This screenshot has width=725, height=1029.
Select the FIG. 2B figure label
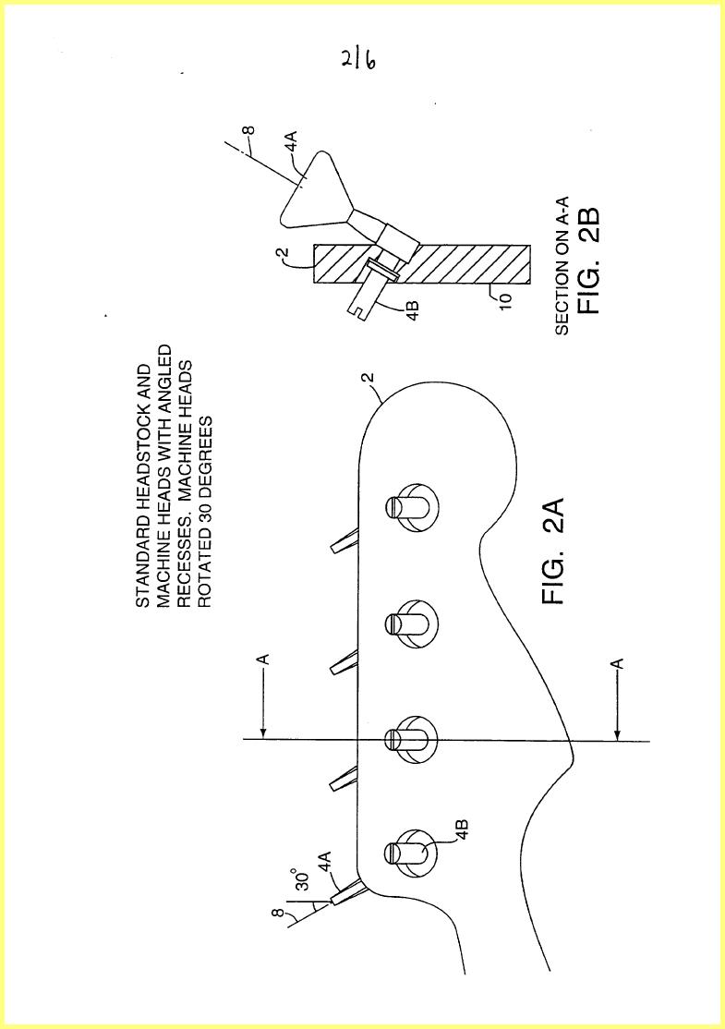588,261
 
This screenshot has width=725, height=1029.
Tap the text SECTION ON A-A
562,266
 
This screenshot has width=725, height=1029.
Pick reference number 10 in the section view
505,301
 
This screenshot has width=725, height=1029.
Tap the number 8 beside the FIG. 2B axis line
248,129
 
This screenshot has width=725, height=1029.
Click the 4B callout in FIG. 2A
460,829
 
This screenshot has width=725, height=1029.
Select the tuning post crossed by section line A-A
410,739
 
